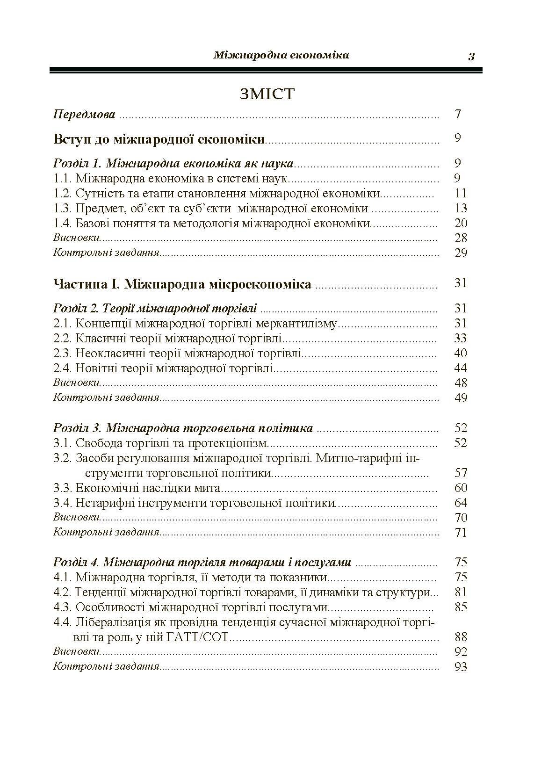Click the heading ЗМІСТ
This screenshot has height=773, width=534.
coord(267,94)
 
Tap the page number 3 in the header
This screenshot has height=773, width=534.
coord(471,57)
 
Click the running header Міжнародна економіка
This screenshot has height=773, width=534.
coord(281,56)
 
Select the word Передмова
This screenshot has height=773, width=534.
coord(84,114)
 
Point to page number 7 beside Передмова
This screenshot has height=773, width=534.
coord(458,114)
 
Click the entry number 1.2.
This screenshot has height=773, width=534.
coord(62,193)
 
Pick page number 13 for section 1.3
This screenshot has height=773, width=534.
coord(461,208)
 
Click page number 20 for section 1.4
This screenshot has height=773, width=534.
coord(461,223)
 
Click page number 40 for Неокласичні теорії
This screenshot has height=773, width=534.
coord(461,353)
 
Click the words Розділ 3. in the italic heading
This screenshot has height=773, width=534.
coord(78,428)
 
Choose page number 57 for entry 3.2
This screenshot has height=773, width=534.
coord(461,473)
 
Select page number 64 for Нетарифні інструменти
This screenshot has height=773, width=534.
coord(461,503)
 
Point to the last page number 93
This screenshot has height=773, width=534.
coord(461,667)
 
